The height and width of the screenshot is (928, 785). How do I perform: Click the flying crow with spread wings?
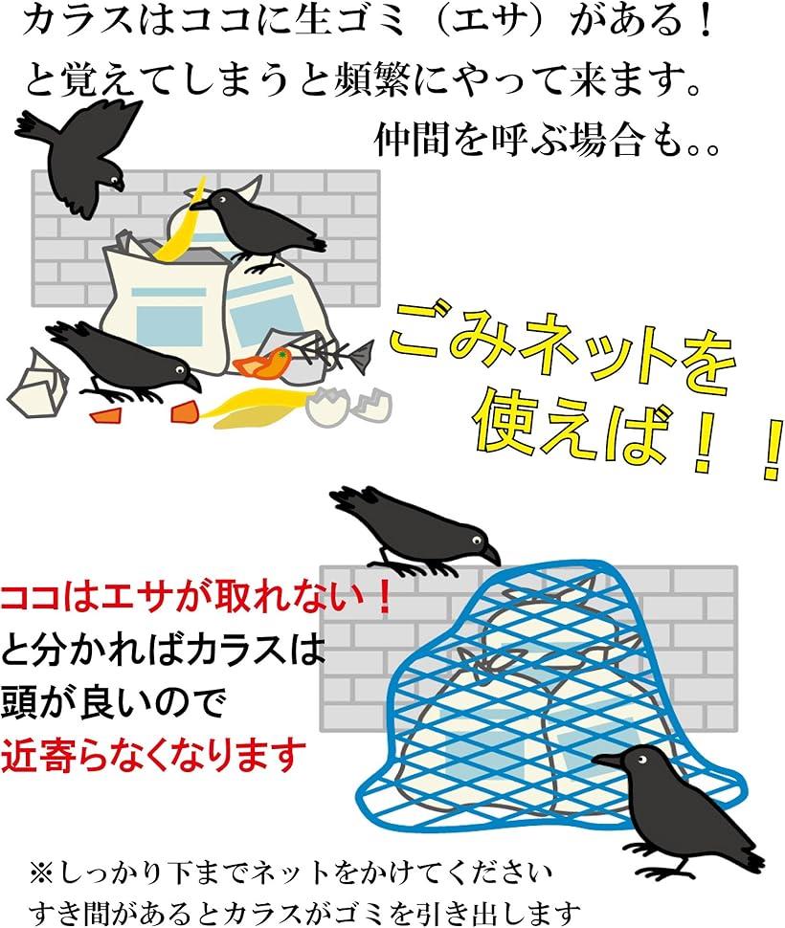[79, 155]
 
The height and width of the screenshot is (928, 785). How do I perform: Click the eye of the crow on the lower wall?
[476, 541]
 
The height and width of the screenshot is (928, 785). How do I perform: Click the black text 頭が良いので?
[114, 702]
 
